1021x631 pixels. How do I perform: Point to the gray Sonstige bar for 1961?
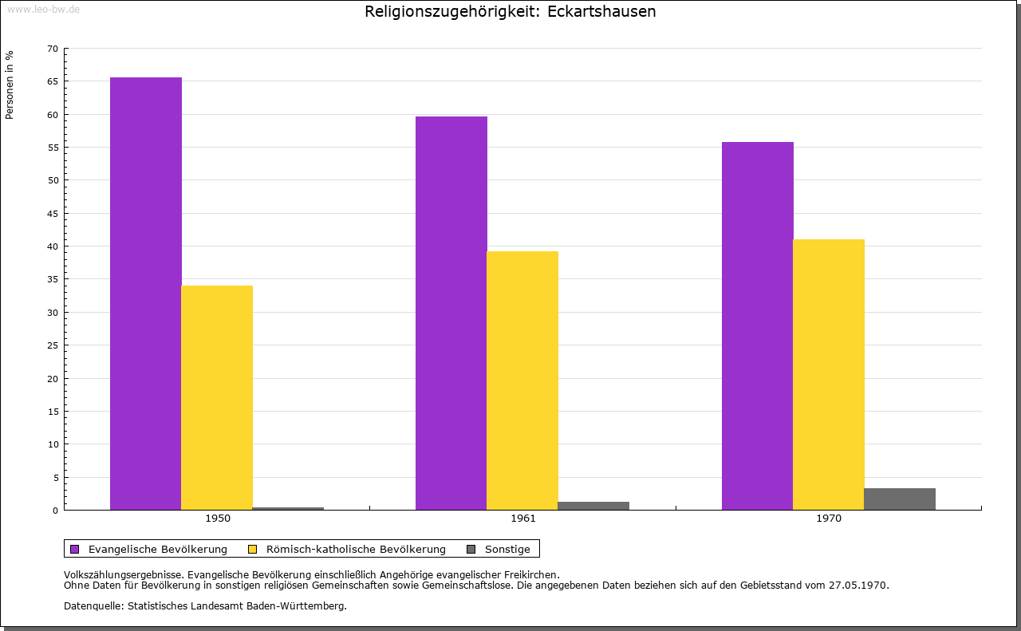[x=593, y=506]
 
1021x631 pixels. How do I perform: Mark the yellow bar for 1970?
[x=828, y=374]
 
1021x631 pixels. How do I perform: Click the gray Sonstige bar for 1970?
[x=899, y=499]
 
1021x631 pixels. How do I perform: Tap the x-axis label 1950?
[x=218, y=519]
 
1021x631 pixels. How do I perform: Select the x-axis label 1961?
[x=523, y=519]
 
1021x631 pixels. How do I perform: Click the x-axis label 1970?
[x=829, y=519]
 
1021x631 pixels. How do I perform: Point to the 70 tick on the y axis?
[x=53, y=49]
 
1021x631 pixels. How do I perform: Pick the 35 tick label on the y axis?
[x=53, y=279]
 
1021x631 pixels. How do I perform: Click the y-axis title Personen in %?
[x=10, y=85]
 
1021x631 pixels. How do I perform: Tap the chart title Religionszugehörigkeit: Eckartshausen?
[x=510, y=12]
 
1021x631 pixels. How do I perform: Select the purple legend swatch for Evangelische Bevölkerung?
[x=75, y=549]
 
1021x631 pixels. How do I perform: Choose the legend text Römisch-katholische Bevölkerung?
[x=356, y=549]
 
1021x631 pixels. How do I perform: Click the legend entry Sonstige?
[x=507, y=549]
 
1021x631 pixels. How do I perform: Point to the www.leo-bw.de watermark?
[x=43, y=9]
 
